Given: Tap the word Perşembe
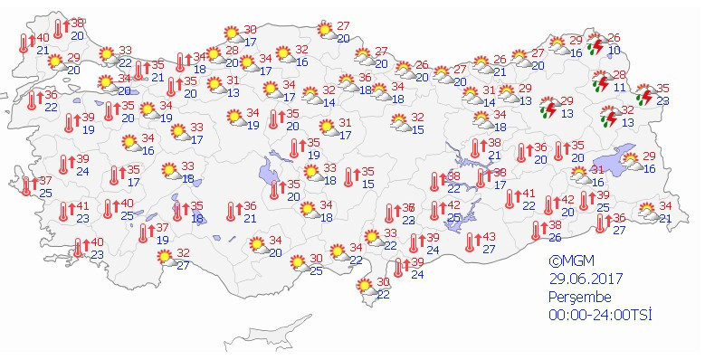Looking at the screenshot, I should [x=580, y=296].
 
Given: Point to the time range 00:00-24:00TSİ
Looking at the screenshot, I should [x=600, y=315].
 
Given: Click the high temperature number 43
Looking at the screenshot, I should [x=489, y=236].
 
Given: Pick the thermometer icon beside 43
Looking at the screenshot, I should [x=470, y=242].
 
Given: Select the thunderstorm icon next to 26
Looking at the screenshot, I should [x=597, y=44].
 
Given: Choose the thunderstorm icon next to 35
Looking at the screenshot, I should [x=644, y=96].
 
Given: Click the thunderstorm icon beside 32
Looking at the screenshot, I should [x=610, y=116].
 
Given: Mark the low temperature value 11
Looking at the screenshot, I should [x=620, y=88].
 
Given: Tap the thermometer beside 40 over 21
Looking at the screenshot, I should [x=24, y=43].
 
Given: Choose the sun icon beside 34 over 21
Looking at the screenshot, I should [x=649, y=213].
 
